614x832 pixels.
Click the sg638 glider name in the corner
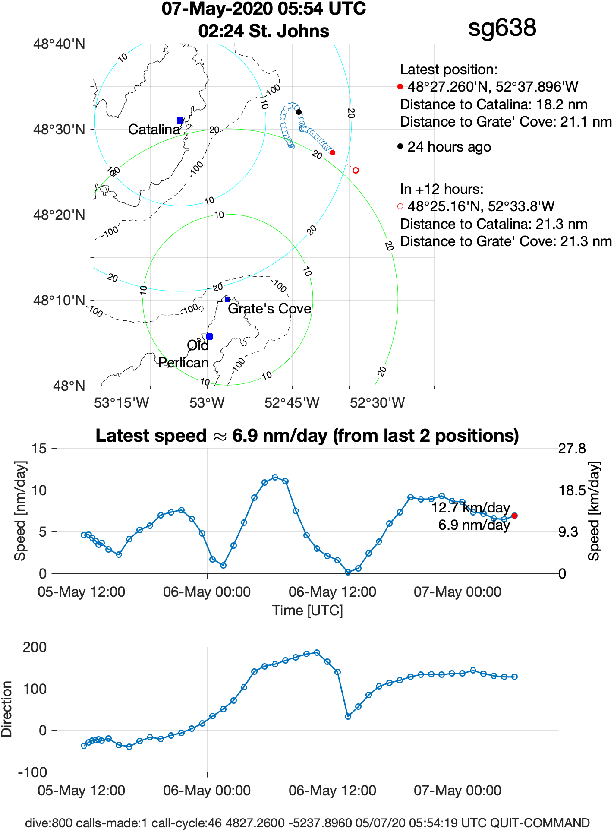click(502, 28)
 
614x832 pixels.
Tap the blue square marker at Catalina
click(180, 120)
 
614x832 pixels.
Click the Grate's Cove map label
click(269, 309)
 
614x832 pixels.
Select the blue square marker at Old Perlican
click(209, 336)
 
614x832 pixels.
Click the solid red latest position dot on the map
click(332, 152)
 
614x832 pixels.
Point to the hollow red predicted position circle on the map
click(356, 170)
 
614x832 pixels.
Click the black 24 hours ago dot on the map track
click(299, 112)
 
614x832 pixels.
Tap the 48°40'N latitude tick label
click(59, 44)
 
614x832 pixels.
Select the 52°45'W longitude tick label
click(292, 403)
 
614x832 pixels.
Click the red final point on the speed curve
click(514, 516)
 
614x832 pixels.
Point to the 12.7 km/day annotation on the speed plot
click(471, 508)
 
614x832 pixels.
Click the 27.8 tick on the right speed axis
click(572, 449)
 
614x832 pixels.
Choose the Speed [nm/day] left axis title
click(20, 511)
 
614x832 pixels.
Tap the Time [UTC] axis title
click(307, 611)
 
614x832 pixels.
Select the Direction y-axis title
click(7, 709)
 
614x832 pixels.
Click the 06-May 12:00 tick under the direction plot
click(332, 791)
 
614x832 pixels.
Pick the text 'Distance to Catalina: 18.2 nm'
click(494, 104)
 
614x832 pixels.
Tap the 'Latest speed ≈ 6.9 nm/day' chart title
click(307, 436)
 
